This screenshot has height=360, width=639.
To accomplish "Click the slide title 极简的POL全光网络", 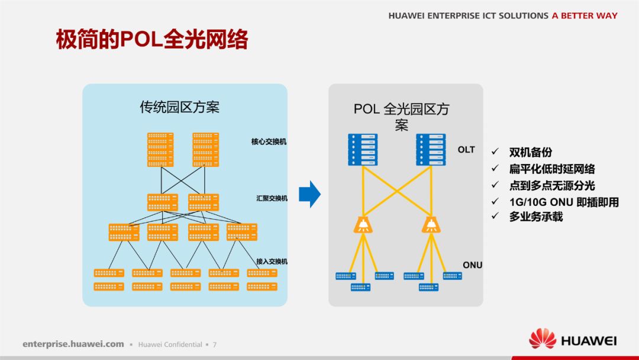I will click(151, 40).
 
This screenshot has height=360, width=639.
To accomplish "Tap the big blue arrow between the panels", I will click(309, 194).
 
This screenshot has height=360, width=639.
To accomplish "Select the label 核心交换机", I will click(269, 142).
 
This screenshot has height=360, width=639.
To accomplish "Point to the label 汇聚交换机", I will click(272, 198).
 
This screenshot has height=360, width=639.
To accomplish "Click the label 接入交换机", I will click(272, 261).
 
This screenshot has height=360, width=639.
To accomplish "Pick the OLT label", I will click(466, 150).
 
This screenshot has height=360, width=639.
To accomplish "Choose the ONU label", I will click(472, 265).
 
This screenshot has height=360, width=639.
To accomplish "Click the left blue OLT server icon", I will click(363, 150).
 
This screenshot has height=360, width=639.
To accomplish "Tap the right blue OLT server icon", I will click(431, 150).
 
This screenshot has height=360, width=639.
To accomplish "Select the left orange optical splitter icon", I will click(362, 224).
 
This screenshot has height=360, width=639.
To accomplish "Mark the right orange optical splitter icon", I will click(431, 224).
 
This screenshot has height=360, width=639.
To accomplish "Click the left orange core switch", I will click(160, 150).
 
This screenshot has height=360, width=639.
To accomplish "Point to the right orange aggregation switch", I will click(203, 202).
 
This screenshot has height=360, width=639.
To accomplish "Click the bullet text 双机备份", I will click(530, 153).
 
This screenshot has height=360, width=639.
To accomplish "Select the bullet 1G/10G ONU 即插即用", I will click(563, 202).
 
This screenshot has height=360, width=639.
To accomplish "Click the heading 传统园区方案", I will click(179, 107).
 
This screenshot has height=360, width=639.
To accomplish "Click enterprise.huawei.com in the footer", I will click(73, 344).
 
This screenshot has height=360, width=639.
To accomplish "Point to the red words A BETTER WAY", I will click(584, 16).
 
